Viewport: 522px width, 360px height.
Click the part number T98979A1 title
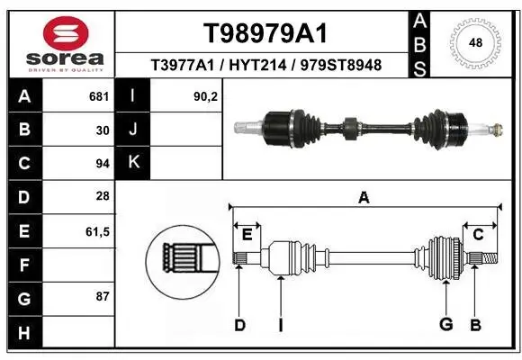(265, 33)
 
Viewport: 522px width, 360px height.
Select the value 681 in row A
(98, 94)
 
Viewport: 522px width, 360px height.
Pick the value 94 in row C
(102, 163)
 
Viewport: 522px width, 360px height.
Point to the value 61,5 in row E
(97, 231)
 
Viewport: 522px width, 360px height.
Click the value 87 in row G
(102, 296)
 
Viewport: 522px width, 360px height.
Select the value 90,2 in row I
(206, 94)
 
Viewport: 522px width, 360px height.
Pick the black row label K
(134, 163)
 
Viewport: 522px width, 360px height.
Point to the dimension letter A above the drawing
(364, 198)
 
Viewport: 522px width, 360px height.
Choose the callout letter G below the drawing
(444, 325)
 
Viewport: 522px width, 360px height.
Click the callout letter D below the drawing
(239, 325)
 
